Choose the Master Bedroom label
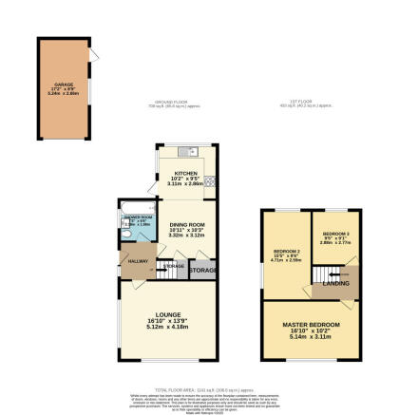[x=312, y=327]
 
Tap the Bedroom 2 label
[x=286, y=252]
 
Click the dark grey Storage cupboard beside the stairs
[x=202, y=272]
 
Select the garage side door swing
[x=93, y=59]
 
